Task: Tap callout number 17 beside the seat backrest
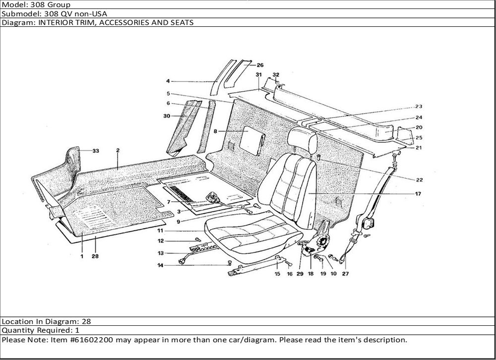point(418,194)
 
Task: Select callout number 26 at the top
point(260,65)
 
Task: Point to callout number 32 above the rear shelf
point(276,74)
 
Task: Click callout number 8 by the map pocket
point(216,132)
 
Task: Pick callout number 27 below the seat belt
point(345,273)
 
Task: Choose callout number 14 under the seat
point(161,265)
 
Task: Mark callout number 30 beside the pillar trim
point(167,116)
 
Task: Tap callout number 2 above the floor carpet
point(118,150)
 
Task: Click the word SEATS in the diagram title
point(182,22)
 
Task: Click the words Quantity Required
point(35,330)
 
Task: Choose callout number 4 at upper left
point(168,81)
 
